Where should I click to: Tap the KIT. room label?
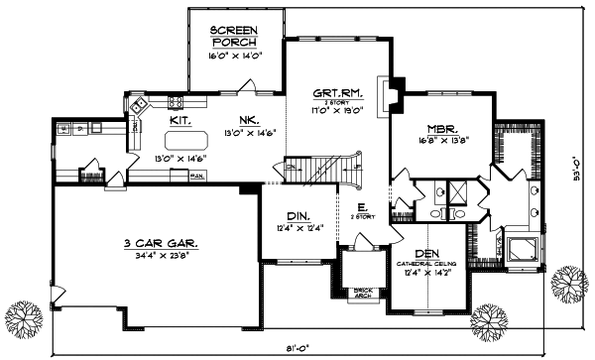click(x=179, y=119)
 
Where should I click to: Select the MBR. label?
click(x=441, y=129)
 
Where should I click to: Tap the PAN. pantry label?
click(x=196, y=177)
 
